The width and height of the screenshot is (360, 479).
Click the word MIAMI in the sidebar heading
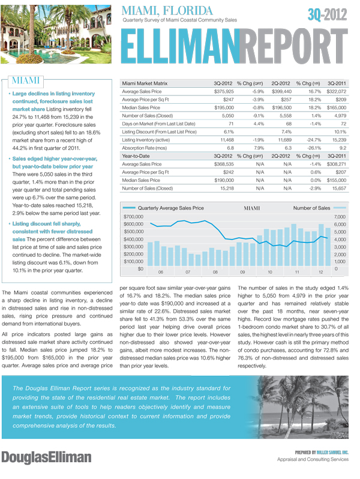click(x=29, y=81)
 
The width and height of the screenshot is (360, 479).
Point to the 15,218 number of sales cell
click(x=224, y=186)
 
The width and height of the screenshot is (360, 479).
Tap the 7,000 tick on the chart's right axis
click(x=340, y=216)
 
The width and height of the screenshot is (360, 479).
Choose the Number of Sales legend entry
click(x=311, y=208)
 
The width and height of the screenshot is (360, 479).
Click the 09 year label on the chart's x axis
click(x=243, y=273)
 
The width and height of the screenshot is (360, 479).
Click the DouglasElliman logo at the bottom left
click(x=46, y=457)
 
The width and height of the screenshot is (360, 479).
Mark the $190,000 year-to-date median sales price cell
click(x=224, y=178)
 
